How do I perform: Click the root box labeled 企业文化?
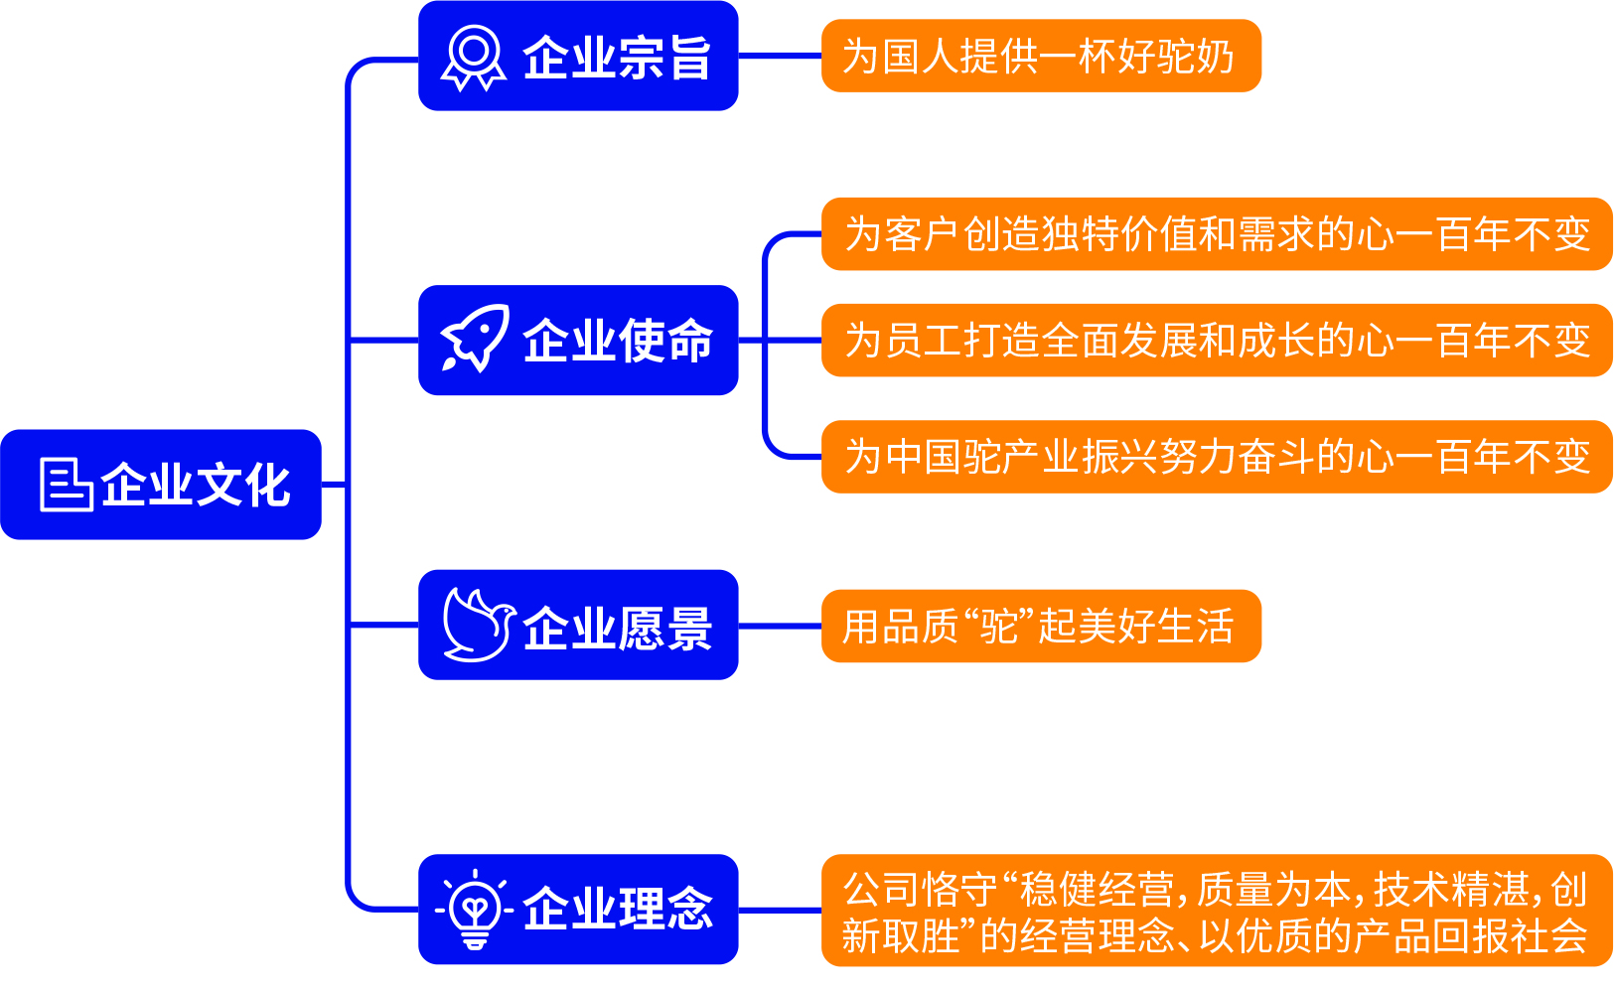[161, 485]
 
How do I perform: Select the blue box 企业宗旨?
[578, 56]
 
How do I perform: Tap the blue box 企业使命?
[578, 341]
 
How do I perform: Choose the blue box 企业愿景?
[578, 625]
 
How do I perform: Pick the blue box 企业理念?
[578, 909]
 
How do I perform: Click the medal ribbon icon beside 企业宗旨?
[473, 58]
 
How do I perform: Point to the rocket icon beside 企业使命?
[475, 340]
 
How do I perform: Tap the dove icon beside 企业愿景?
[477, 626]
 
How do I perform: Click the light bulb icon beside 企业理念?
[475, 909]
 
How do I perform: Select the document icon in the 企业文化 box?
[66, 485]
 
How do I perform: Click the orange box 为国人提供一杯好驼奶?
[1041, 56]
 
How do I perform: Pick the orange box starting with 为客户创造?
[1217, 234]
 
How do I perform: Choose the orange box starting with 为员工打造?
[1217, 341]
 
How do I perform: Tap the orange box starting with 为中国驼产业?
[1217, 457]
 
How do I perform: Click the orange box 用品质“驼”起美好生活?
[1041, 626]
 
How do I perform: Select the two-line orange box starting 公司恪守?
[1217, 911]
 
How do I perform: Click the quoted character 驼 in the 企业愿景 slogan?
[1000, 627]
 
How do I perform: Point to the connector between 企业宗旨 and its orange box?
[780, 56]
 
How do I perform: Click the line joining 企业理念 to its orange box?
[780, 910]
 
